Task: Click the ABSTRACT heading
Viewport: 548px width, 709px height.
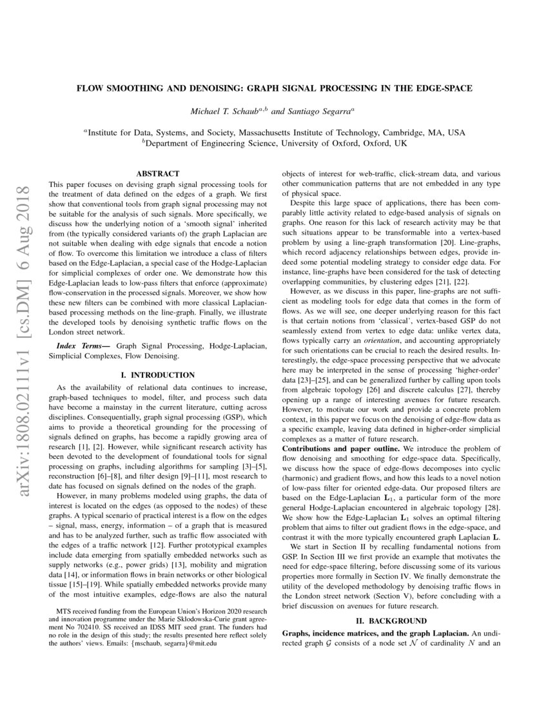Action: click(158, 173)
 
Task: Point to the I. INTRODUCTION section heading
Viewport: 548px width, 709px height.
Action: click(158, 374)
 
